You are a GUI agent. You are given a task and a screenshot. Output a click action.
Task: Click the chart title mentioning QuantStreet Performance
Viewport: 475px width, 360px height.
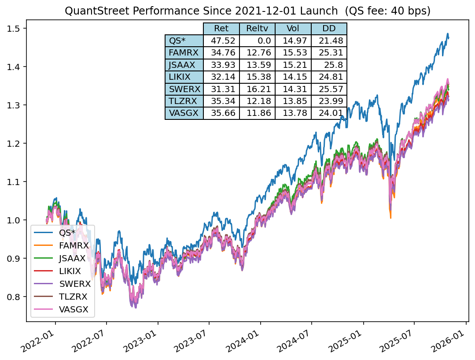[247, 11]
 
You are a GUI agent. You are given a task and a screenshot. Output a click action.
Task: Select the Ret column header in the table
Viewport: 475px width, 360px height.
[221, 29]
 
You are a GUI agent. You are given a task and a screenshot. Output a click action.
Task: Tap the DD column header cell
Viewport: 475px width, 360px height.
[329, 29]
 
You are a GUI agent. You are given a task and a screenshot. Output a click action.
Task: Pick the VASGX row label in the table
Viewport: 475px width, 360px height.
[184, 113]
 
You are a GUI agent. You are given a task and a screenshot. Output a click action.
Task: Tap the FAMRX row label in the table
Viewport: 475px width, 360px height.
[184, 53]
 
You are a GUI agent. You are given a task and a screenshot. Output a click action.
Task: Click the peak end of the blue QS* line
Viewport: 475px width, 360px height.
[448, 34]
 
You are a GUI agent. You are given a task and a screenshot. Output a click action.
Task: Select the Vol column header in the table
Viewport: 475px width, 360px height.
[293, 29]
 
